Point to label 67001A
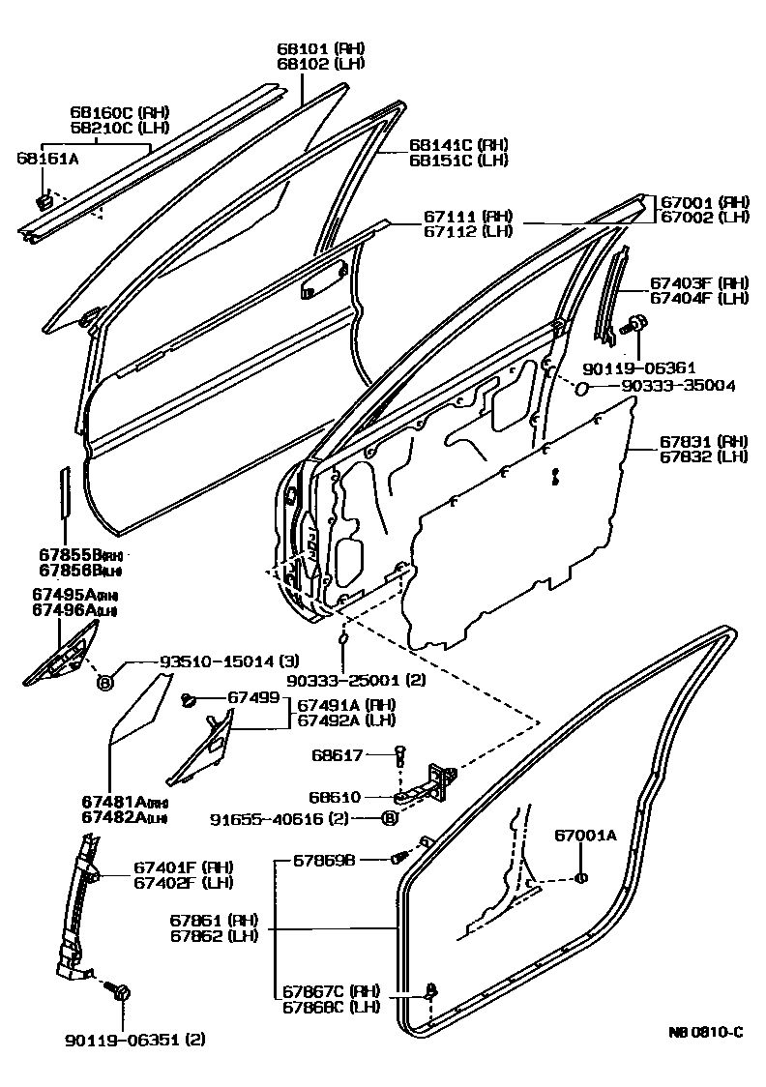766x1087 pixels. point(584,836)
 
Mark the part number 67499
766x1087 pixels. point(253,697)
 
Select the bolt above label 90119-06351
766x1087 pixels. point(123,992)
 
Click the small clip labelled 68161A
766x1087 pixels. point(44,203)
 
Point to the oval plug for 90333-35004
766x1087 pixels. point(582,388)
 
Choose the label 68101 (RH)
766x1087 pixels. point(309,49)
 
